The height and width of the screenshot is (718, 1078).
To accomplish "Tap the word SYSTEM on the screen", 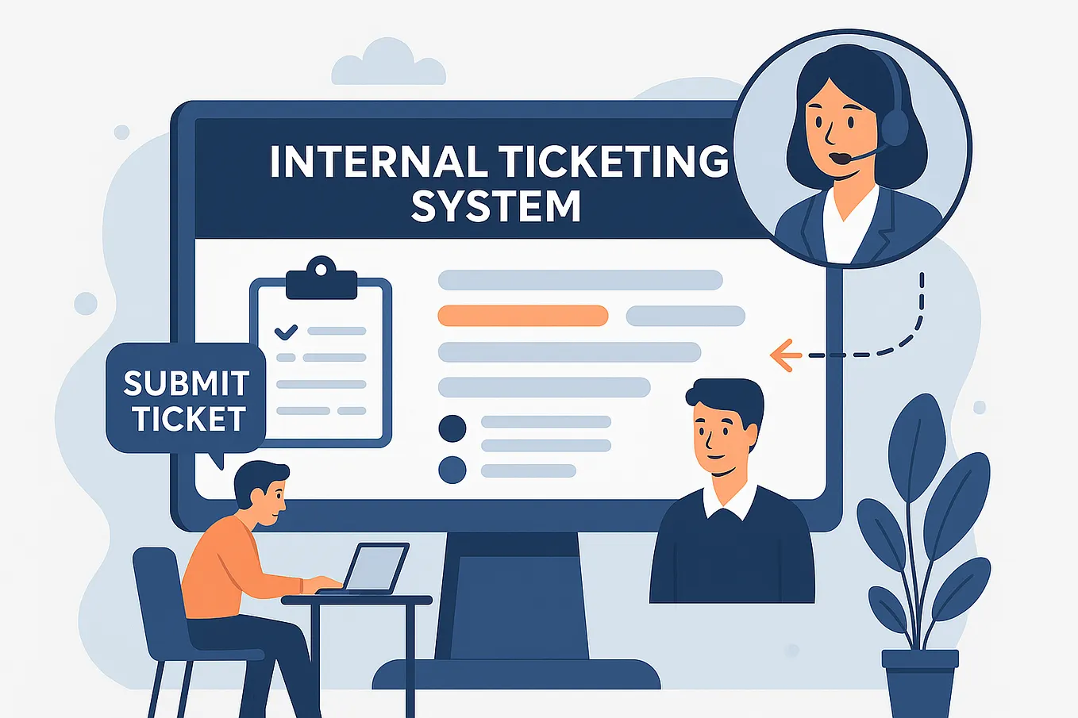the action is (495, 205).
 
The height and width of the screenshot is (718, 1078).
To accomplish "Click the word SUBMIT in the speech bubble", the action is (187, 383).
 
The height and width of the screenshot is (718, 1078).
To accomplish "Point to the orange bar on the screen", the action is (522, 316).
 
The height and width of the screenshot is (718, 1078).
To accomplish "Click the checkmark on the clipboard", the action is (286, 332).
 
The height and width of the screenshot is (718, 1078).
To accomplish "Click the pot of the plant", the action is (920, 683).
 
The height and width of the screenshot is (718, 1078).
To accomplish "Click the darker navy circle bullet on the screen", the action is (452, 428).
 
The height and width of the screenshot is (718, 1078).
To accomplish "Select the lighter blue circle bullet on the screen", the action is (452, 470).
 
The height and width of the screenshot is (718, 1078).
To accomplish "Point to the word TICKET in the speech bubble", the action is (190, 418).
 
